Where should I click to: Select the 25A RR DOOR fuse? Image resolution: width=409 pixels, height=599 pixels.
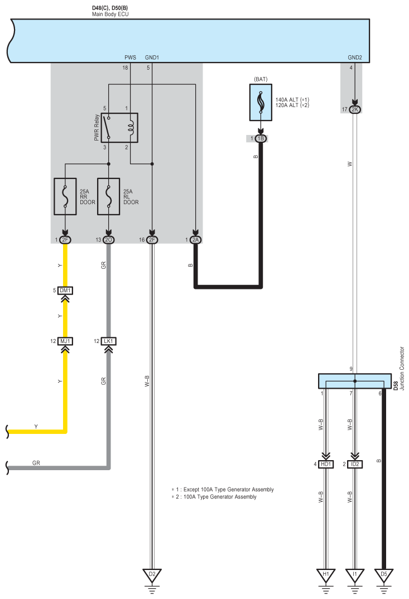[65, 196]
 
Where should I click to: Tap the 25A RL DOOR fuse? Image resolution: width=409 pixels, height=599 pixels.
[109, 196]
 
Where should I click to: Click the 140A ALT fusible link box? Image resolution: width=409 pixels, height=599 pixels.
[261, 103]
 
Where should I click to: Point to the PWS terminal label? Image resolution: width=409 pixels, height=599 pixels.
[131, 57]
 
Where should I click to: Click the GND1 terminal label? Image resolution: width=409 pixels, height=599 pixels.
[152, 57]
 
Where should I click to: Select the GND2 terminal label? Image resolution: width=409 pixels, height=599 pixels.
[355, 57]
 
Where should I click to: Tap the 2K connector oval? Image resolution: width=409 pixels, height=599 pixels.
[355, 109]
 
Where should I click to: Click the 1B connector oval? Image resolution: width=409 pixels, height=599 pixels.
[261, 138]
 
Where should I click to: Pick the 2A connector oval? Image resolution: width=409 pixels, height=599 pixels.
[195, 240]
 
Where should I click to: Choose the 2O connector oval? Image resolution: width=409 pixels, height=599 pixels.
[109, 240]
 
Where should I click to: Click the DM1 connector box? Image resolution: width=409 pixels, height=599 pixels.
[65, 291]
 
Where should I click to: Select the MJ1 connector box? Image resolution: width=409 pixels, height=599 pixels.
[65, 341]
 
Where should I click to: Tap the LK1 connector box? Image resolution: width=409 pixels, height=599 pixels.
[109, 341]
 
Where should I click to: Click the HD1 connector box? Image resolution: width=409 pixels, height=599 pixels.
[326, 464]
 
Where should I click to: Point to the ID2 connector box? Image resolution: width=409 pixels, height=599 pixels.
[355, 464]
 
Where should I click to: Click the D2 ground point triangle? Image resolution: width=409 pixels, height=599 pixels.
[152, 574]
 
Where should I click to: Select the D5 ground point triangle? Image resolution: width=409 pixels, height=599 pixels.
[384, 574]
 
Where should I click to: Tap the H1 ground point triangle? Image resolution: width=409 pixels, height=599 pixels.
[326, 574]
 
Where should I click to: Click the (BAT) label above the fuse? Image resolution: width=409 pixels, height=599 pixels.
[261, 79]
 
